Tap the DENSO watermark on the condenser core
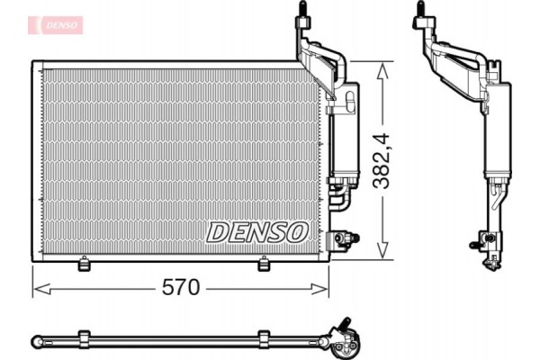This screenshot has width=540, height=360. coord(257,231)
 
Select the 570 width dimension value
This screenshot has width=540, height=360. coord(180,289)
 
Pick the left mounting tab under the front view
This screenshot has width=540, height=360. coord(84,263)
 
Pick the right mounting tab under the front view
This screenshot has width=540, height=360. coord(264,263)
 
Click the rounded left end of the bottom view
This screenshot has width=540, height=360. coord(36,340)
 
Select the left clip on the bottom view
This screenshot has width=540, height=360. coord(84,339)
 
